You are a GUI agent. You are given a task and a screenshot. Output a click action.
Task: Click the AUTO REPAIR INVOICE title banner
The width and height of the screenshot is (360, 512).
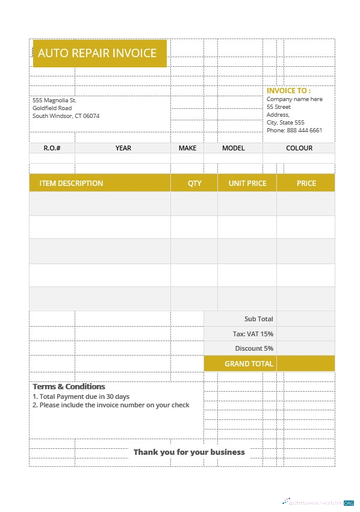point(98,53)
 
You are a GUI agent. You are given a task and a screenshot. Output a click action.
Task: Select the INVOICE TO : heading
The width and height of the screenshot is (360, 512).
point(288,91)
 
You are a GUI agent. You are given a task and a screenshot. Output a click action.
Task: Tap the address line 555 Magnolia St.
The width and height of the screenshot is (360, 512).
point(54,100)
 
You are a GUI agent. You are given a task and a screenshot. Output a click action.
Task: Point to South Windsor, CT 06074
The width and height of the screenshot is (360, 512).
point(66,116)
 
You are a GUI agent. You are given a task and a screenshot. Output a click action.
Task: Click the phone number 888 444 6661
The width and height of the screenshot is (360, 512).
point(304,130)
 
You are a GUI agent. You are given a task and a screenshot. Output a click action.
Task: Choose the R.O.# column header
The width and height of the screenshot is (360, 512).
point(52,148)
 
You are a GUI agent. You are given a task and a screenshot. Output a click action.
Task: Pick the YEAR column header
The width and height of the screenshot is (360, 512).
point(123,148)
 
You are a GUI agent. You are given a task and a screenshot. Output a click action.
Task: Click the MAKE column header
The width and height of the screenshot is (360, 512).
point(187,148)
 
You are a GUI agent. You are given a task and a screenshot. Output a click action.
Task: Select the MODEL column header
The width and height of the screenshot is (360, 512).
point(234,148)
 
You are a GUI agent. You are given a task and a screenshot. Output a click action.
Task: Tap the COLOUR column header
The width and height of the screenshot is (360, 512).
point(299,148)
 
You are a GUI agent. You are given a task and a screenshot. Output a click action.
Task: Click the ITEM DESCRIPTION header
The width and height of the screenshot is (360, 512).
point(71,183)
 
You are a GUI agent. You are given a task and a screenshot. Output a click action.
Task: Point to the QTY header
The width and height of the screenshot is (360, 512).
point(194,183)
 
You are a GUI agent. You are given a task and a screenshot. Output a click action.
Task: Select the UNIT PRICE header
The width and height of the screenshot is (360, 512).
point(247,183)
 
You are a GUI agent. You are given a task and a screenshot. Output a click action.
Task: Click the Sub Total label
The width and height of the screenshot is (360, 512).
point(258,319)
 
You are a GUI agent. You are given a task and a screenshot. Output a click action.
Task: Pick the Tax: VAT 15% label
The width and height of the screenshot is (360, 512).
point(253,334)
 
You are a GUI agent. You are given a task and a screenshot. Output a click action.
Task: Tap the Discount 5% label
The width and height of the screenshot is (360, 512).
point(254,348)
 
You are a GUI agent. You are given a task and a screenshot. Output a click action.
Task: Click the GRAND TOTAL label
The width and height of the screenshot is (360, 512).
point(249,363)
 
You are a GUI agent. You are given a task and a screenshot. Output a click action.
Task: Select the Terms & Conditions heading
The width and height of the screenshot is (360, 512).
point(69,387)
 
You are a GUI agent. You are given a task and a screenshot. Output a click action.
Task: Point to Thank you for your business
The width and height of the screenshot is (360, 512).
point(189,452)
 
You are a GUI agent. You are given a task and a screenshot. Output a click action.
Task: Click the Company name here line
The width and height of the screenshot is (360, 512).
point(294,99)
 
